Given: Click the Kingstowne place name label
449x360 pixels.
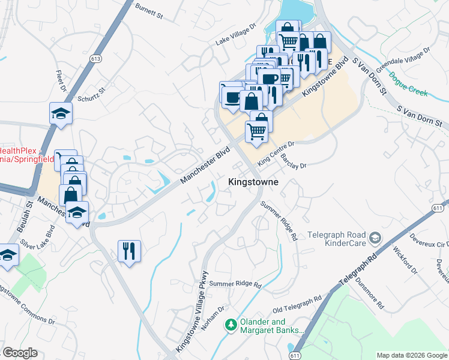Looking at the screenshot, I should point(253,181).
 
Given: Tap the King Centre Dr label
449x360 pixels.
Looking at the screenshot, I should point(276,152).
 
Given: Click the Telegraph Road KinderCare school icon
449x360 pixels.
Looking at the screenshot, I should point(376,238).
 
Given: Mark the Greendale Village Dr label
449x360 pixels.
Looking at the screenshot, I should point(403,59).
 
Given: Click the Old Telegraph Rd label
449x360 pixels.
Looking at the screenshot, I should point(297,304).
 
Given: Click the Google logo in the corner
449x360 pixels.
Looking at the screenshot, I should point(20,353).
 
